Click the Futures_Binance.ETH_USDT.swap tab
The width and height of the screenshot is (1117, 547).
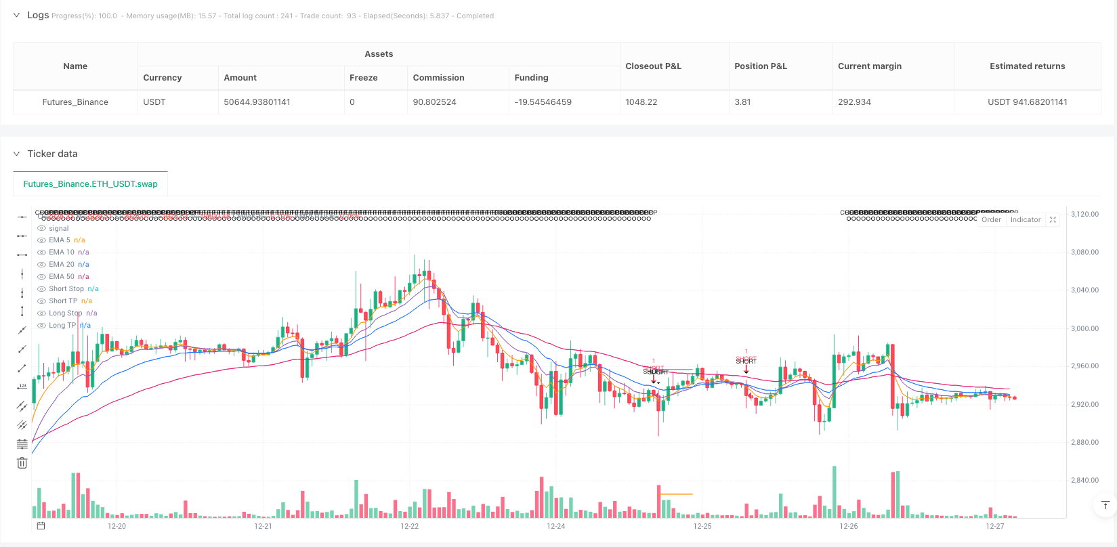90,183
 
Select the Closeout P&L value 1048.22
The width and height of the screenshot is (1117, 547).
641,102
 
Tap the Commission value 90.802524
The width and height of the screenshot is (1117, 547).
434,102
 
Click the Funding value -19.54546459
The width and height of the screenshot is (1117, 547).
543,102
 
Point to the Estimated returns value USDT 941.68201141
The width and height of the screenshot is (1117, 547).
1027,102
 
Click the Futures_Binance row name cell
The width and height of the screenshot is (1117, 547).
75,102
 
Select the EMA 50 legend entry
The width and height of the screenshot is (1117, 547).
62,276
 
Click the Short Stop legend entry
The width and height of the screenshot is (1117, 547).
66,288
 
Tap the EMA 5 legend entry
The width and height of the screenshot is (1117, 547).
60,240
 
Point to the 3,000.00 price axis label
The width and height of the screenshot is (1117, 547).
1084,328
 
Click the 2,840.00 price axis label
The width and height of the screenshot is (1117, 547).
1084,481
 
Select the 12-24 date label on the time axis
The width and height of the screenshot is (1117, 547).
555,526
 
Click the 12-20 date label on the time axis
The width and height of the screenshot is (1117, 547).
117,526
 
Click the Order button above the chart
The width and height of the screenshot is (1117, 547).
991,219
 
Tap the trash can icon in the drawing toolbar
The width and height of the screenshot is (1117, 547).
22,463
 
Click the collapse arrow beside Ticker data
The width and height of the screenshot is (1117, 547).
17,154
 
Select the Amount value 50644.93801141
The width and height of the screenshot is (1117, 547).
257,102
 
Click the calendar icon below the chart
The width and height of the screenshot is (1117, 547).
41,526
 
